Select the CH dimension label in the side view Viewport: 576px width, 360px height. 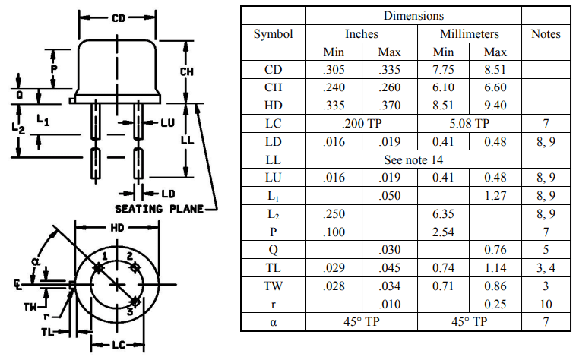point(189,70)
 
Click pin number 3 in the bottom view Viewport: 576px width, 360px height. point(131,311)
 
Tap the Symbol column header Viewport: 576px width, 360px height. point(273,34)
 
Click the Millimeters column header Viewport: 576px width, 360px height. point(469,34)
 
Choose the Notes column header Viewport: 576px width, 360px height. point(546,34)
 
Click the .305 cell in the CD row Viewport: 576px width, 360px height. point(334,69)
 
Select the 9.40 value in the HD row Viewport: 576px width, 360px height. point(495,105)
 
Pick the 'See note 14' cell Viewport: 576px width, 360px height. point(413,159)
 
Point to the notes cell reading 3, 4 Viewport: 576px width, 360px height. point(546,268)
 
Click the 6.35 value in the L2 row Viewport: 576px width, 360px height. point(443,213)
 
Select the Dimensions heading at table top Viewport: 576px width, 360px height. point(413,15)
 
